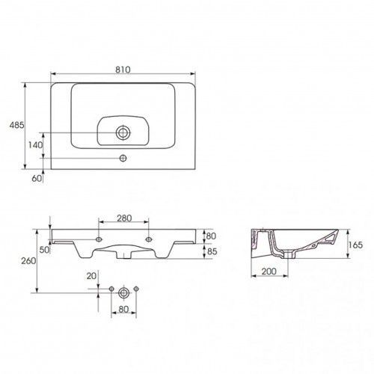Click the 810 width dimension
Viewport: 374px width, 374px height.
pyautogui.click(x=123, y=70)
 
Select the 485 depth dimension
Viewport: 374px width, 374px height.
pyautogui.click(x=17, y=125)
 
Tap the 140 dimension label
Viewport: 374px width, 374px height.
pyautogui.click(x=35, y=145)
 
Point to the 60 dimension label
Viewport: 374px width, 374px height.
pyautogui.click(x=37, y=178)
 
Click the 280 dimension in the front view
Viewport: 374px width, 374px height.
pyautogui.click(x=124, y=218)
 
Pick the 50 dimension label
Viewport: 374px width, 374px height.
pyautogui.click(x=44, y=250)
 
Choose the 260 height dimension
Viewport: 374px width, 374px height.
pyautogui.click(x=28, y=261)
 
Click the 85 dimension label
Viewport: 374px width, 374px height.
pyautogui.click(x=212, y=251)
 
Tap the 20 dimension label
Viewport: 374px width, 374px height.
pyautogui.click(x=91, y=276)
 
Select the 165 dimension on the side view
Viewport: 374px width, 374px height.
pyautogui.click(x=355, y=245)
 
